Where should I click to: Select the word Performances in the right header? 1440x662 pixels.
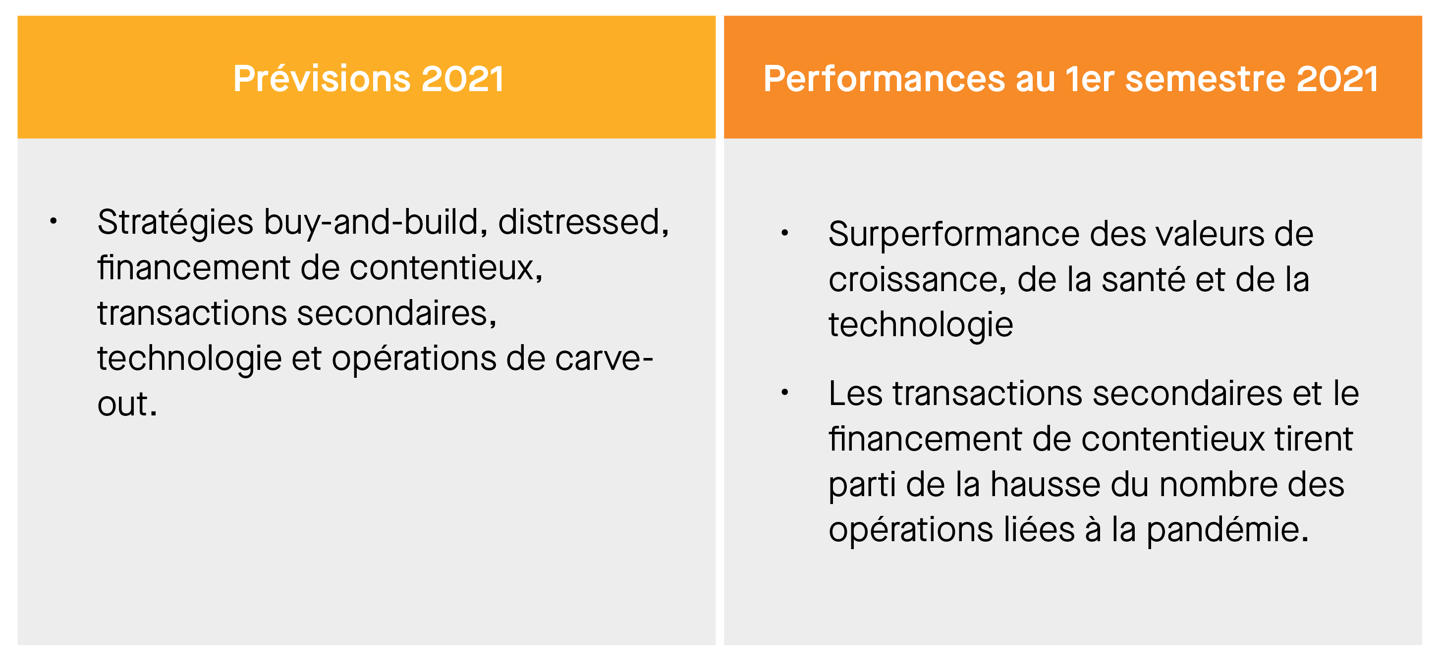pyautogui.click(x=885, y=79)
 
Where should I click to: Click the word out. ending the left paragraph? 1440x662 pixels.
pyautogui.click(x=127, y=404)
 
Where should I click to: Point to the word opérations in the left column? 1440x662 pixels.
pyautogui.click(x=414, y=358)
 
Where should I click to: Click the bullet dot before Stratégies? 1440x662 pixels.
pyautogui.click(x=53, y=221)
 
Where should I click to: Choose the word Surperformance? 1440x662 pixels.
pyautogui.click(x=954, y=235)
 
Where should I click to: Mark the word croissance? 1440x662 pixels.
pyautogui.click(x=913, y=279)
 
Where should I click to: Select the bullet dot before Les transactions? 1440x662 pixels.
pyautogui.click(x=785, y=392)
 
